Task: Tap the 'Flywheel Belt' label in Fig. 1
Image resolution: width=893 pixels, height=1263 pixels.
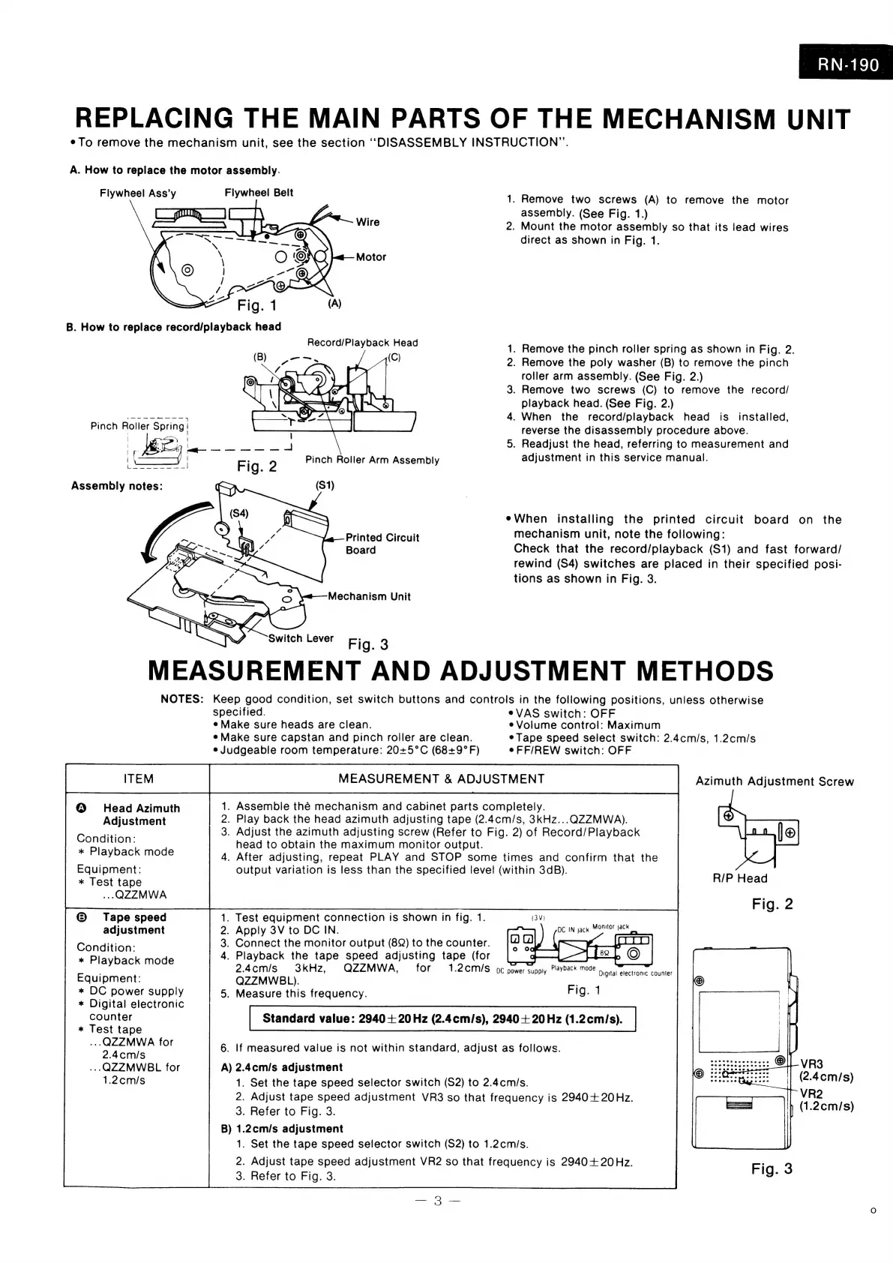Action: [x=259, y=193]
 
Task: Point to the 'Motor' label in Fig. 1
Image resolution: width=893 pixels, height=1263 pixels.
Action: [x=370, y=257]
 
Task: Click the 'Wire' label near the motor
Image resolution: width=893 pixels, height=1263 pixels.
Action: [x=367, y=222]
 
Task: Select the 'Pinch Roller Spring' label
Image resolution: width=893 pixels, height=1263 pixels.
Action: [x=137, y=426]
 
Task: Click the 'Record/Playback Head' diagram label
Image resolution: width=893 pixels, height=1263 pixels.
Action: [x=362, y=343]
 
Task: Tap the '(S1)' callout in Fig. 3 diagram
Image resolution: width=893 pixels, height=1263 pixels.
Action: [x=325, y=485]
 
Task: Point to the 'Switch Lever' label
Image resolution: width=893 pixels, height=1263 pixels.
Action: [x=301, y=638]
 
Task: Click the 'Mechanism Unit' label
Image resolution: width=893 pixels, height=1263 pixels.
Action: [x=369, y=596]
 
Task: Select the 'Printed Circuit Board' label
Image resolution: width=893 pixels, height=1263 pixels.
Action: [x=382, y=544]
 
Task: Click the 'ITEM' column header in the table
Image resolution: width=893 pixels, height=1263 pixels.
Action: [x=138, y=778]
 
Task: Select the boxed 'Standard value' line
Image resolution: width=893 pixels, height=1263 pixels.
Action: [x=442, y=1018]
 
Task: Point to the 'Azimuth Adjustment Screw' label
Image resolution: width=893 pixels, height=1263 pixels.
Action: [x=775, y=781]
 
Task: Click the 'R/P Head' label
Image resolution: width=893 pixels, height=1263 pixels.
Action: [x=740, y=878]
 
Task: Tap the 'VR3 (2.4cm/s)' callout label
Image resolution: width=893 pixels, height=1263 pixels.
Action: [x=826, y=1070]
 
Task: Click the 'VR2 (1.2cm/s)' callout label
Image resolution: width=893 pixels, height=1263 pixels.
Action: [x=826, y=1099]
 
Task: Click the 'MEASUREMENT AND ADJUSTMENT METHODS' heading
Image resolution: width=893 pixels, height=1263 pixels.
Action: [x=460, y=670]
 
